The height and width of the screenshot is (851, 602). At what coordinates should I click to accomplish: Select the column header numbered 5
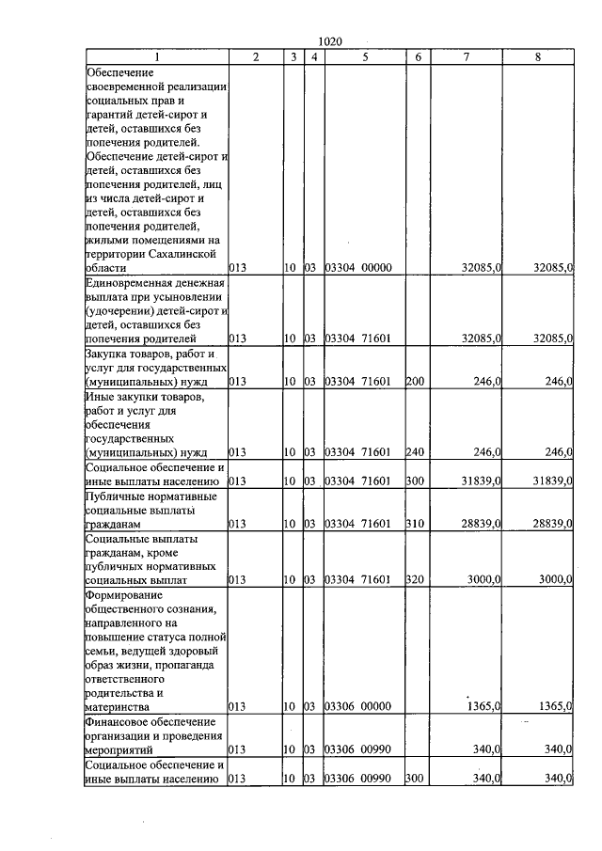click(364, 57)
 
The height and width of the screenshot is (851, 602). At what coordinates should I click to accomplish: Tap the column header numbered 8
click(537, 57)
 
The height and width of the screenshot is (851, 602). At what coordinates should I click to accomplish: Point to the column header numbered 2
click(256, 57)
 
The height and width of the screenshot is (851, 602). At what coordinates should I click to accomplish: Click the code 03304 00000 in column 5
click(357, 268)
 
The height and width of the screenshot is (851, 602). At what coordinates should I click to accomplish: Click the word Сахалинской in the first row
click(180, 254)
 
